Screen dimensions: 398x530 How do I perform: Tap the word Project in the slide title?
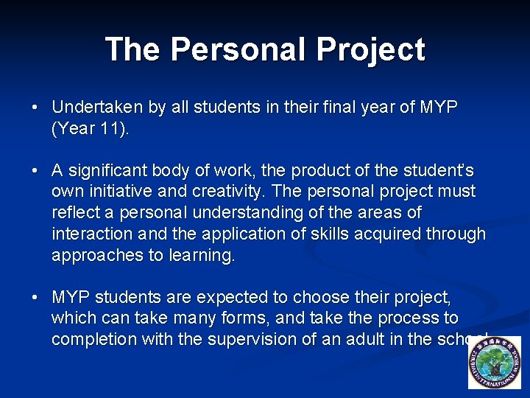point(371,49)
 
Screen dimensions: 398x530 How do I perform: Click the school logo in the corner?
point(494,363)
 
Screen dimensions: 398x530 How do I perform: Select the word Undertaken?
point(98,108)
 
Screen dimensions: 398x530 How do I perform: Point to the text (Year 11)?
point(91,128)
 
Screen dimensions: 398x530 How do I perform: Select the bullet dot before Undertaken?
point(35,108)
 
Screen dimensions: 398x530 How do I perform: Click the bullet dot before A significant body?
point(35,172)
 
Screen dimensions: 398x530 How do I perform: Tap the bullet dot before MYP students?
point(35,298)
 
